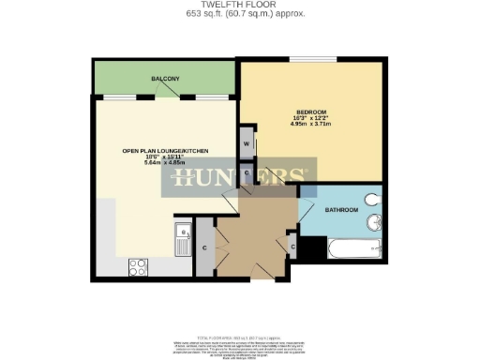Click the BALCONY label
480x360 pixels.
(165, 79)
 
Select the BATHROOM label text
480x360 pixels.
(342, 211)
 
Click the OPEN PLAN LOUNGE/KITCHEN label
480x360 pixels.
(165, 151)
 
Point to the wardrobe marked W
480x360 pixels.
(246, 144)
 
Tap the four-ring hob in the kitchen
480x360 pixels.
(138, 265)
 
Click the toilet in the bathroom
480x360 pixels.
(373, 200)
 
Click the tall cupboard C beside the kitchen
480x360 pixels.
(203, 247)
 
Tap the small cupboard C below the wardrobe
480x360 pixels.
(246, 174)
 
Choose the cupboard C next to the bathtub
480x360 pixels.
(292, 247)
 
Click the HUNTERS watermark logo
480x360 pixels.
(240, 179)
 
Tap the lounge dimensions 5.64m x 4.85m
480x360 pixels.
(165, 163)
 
